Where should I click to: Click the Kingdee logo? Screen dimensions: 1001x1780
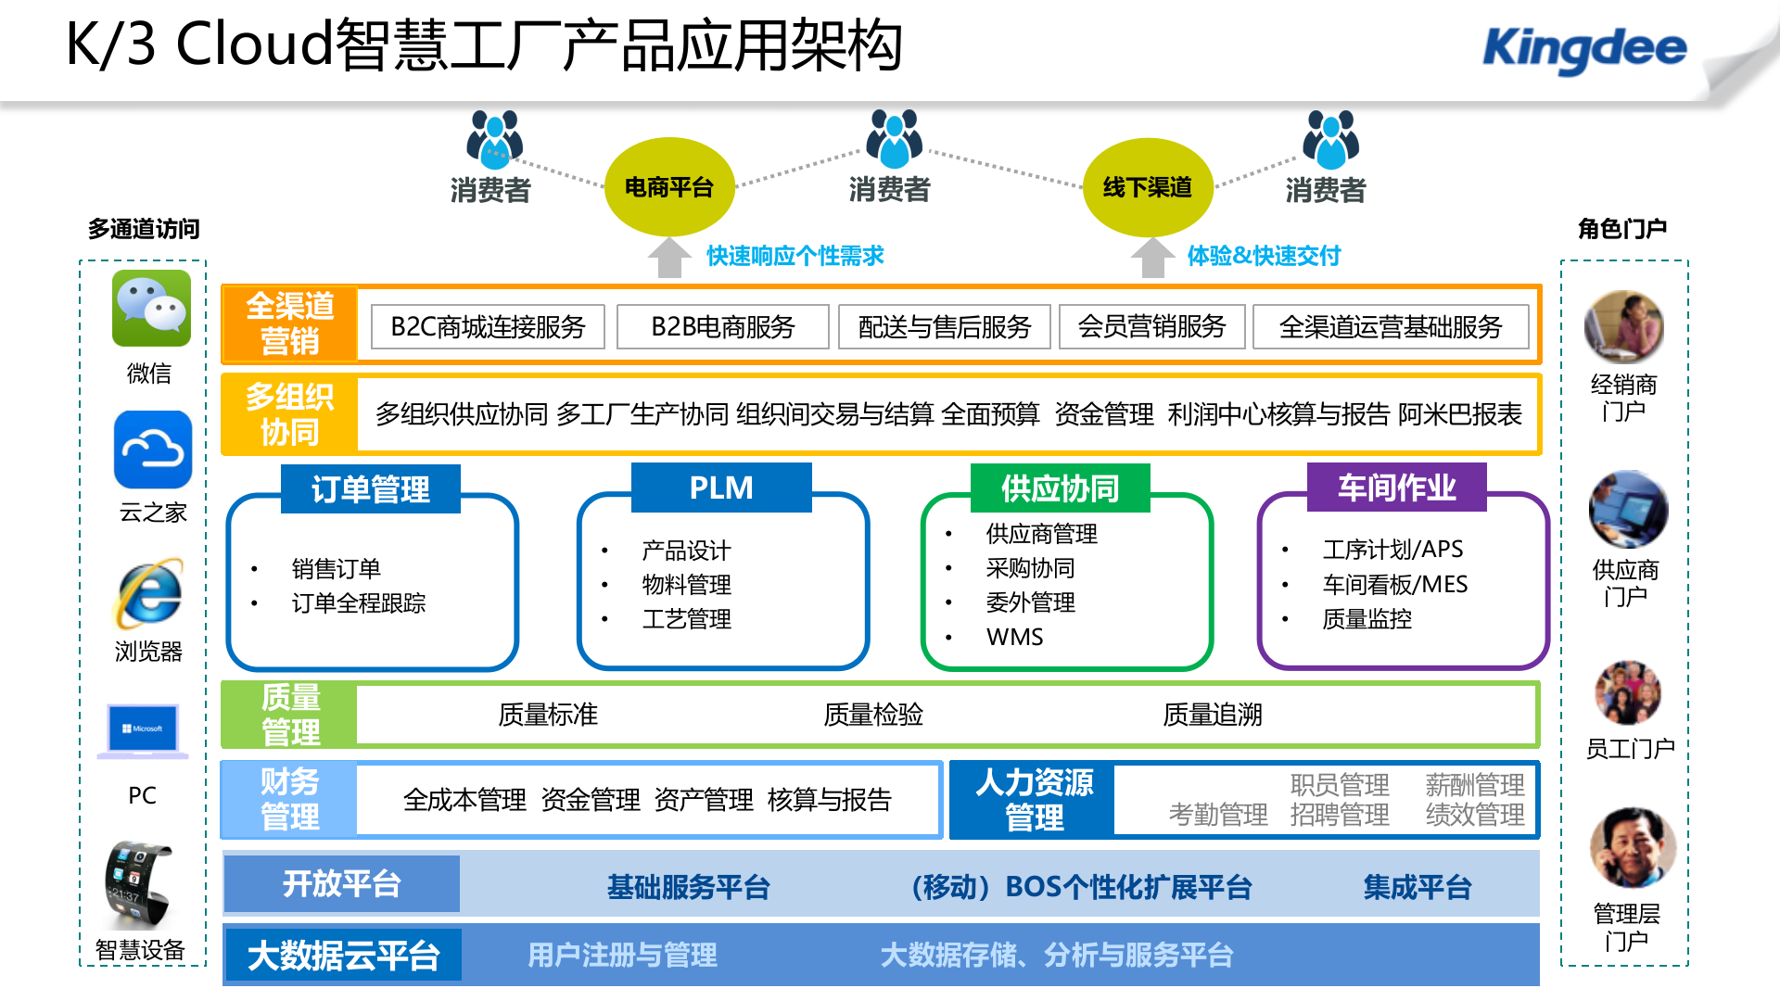click(1584, 49)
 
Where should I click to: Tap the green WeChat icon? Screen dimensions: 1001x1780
click(151, 309)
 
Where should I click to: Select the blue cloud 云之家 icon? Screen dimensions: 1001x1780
click(153, 450)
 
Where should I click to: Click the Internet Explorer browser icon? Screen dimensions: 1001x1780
click(149, 594)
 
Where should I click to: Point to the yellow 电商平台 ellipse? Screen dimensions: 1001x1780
click(669, 187)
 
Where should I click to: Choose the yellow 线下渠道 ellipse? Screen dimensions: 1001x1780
click(1148, 187)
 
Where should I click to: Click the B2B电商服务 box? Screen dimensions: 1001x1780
click(723, 327)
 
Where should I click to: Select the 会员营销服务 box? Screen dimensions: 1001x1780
click(1151, 327)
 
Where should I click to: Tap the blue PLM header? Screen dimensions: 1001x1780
click(721, 488)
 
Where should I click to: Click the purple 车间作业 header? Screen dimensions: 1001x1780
click(1396, 488)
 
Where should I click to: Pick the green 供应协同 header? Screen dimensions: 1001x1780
click(1060, 488)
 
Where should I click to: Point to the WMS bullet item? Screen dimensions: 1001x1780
click(1014, 637)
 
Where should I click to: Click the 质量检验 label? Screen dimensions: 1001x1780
click(873, 715)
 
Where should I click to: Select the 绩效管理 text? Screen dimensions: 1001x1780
click(1474, 815)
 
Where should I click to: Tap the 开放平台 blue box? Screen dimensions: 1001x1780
click(342, 884)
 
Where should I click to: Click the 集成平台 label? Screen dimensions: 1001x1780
click(1417, 887)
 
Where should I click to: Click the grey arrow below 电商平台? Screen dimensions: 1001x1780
click(668, 258)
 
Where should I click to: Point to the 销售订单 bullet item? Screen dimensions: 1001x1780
click(336, 568)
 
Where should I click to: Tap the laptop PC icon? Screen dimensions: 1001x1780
click(144, 732)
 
